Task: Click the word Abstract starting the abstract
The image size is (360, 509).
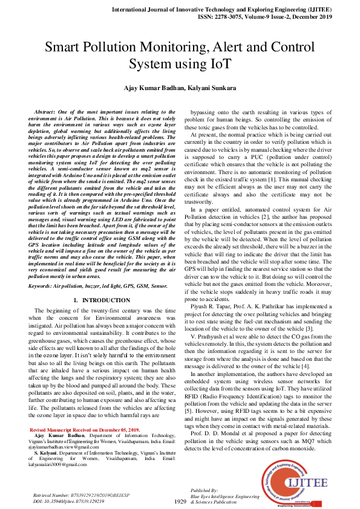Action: click(47, 113)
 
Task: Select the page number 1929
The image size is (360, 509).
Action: click(180, 501)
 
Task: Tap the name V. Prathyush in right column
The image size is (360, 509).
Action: click(212, 335)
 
